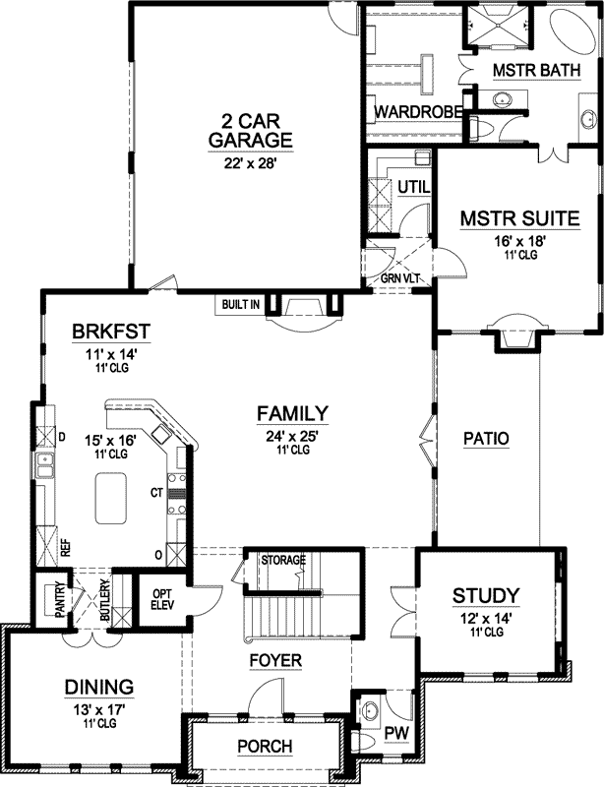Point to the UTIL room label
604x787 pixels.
click(409, 186)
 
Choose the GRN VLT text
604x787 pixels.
click(400, 278)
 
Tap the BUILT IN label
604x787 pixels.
click(241, 305)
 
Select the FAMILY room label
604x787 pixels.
click(292, 412)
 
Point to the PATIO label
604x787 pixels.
click(486, 440)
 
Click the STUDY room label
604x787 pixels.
click(485, 595)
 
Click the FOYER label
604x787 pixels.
click(274, 660)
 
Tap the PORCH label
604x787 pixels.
click(265, 747)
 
